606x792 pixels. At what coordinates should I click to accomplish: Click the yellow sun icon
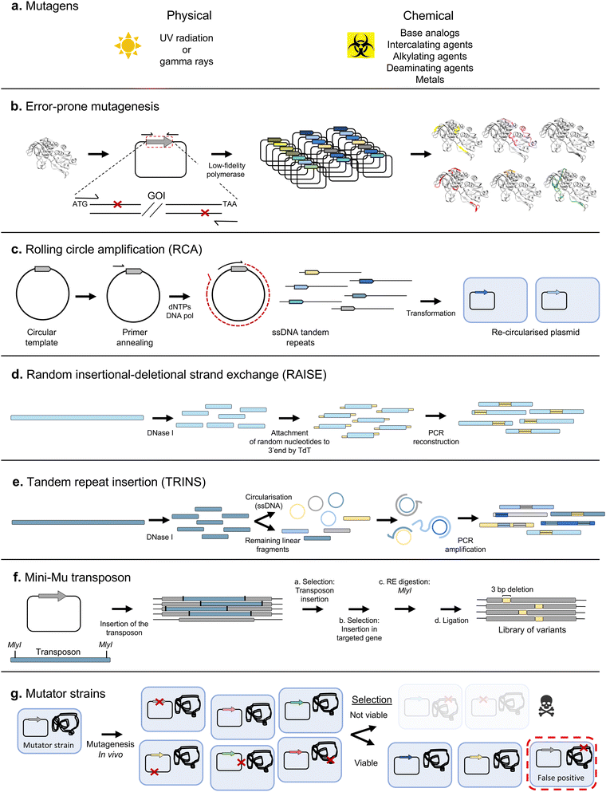[x=127, y=49]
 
